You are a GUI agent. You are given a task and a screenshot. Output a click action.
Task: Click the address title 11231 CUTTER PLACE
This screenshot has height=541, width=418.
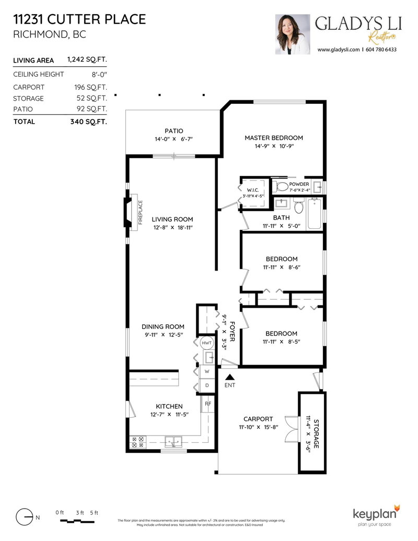coord(79,20)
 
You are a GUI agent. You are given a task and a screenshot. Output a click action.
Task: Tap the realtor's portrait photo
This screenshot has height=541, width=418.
coord(292,34)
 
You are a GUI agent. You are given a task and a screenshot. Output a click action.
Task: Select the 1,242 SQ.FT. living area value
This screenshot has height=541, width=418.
coord(87,61)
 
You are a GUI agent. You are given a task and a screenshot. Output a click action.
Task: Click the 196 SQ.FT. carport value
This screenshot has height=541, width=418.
coord(90,87)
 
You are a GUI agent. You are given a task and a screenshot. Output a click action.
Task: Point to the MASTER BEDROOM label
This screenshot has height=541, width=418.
coord(274,138)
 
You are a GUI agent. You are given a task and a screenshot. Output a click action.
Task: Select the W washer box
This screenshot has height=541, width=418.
coord(207,371)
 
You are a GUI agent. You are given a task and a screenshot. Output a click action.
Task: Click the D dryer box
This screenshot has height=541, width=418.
coord(207,385)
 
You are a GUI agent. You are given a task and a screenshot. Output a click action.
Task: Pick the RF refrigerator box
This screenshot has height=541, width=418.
coord(208,403)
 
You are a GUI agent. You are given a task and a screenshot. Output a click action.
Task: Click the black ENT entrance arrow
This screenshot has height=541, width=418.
coord(229,376)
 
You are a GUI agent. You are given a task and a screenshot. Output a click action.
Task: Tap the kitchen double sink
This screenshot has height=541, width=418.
coord(173,441)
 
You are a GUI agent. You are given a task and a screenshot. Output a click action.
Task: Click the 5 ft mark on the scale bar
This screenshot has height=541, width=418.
coord(94,512)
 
